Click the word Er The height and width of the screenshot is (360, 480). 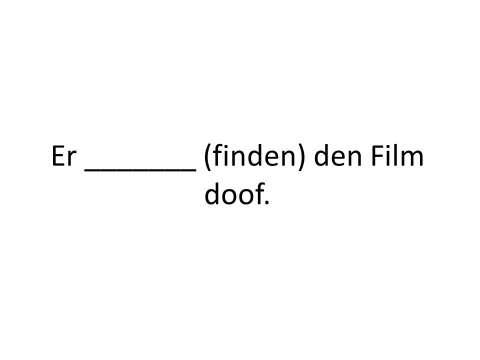(x=63, y=156)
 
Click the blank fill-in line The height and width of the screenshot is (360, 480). (x=140, y=169)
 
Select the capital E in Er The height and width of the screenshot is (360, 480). (x=58, y=156)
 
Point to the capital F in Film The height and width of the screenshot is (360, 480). (x=377, y=156)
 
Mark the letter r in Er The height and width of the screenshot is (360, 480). (x=71, y=159)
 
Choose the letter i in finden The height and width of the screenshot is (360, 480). (x=224, y=156)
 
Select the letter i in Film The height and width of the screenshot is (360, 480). (x=387, y=156)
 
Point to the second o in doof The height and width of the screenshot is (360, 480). (x=244, y=197)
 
